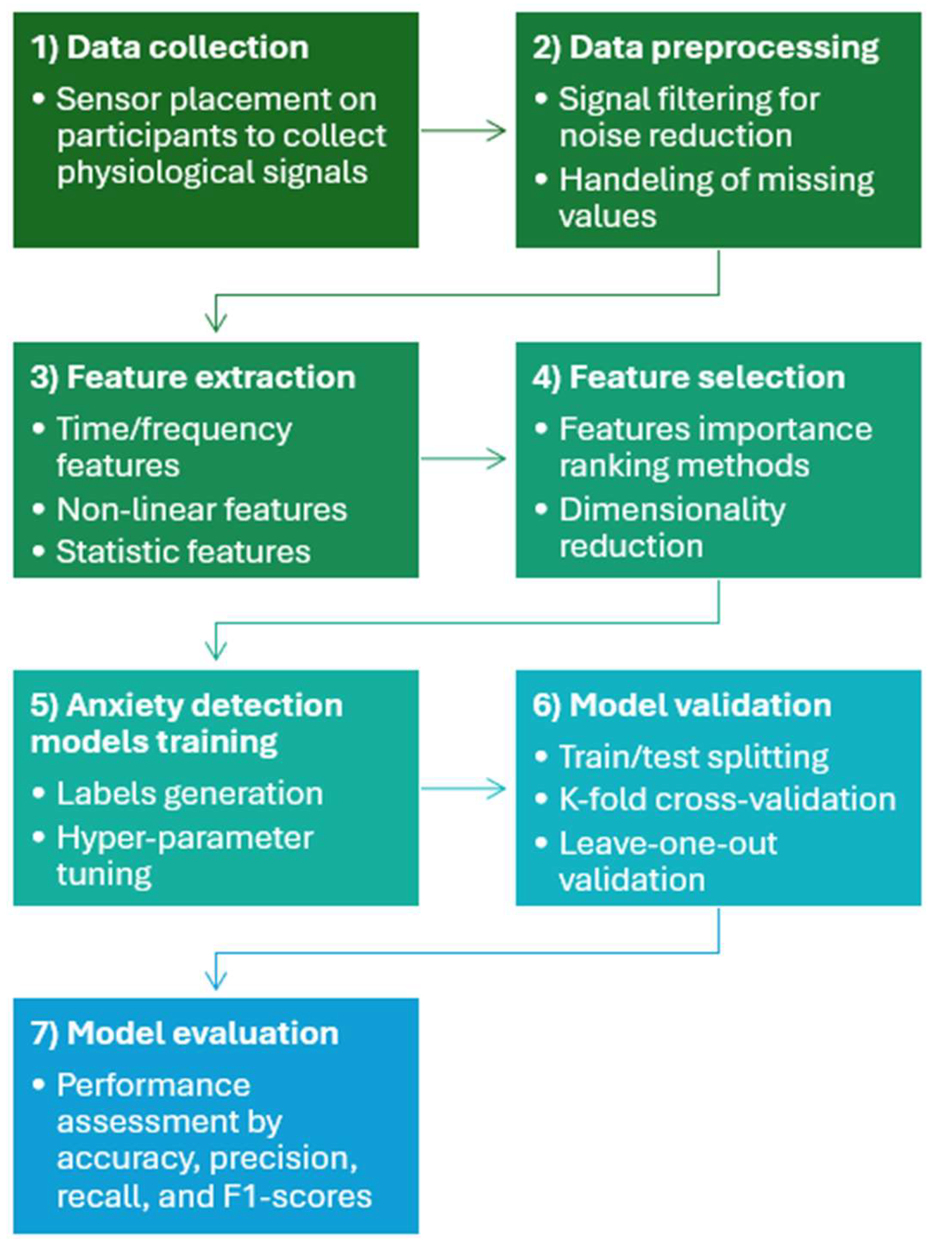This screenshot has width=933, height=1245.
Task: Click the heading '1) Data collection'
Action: (x=170, y=47)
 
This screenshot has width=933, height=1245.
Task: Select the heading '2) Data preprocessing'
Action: (x=705, y=47)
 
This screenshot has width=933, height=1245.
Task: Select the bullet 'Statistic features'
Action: (x=183, y=551)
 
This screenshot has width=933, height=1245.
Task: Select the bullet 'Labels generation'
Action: (x=189, y=794)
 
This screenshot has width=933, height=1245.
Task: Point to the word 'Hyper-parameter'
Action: (x=184, y=838)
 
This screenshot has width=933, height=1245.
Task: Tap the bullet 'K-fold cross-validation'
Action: (x=727, y=799)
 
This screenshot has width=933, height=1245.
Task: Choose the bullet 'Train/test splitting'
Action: (x=693, y=757)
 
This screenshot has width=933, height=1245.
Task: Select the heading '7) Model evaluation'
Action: (x=184, y=1034)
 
